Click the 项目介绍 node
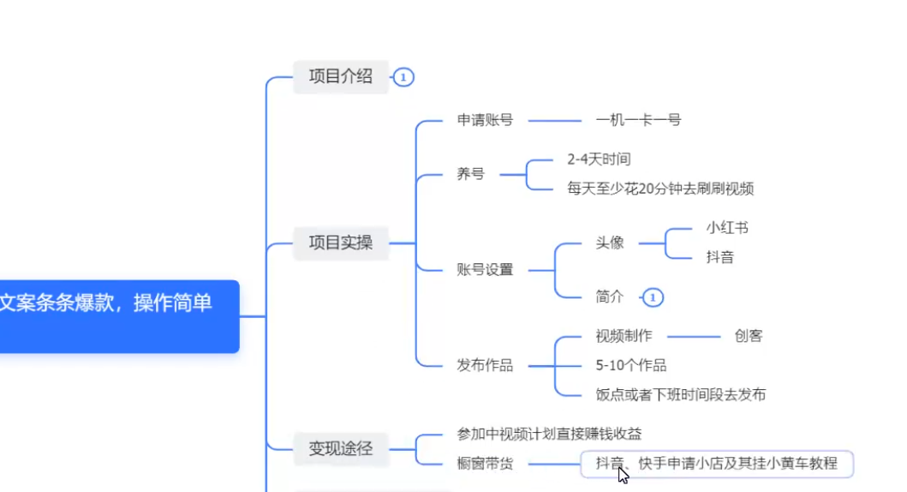tap(341, 76)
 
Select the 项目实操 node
tap(341, 243)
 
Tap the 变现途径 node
tap(341, 447)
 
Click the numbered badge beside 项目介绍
tap(404, 77)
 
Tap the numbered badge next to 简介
tap(653, 297)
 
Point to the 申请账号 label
tap(485, 120)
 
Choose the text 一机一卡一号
tap(638, 120)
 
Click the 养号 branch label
tap(470, 173)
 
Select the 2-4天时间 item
tap(599, 159)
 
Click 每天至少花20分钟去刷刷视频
tap(659, 189)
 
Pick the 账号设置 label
tap(485, 270)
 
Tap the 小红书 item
tap(727, 228)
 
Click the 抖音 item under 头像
tap(719, 257)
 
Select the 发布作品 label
tap(485, 365)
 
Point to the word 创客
tap(748, 336)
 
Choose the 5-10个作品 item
tap(631, 365)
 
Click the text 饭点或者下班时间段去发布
tap(680, 394)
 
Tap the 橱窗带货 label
tap(485, 464)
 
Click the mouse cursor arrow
tap(623, 474)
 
